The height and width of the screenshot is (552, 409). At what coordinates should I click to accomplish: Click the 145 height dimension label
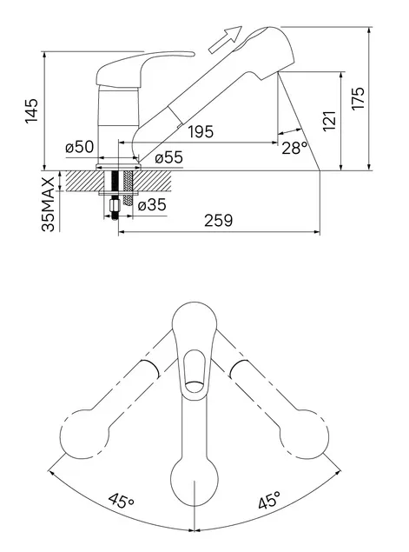click(31, 110)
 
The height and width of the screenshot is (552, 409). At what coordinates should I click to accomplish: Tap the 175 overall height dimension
click(359, 98)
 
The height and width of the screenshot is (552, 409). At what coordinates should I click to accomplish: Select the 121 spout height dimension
click(329, 121)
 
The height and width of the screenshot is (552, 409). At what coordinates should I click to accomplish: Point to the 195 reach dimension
click(201, 131)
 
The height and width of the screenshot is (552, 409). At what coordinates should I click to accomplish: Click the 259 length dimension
click(218, 221)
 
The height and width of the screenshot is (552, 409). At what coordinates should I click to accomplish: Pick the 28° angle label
click(294, 148)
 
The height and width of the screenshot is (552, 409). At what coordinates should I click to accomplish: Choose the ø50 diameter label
click(80, 147)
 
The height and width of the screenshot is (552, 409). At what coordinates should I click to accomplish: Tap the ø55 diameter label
click(168, 157)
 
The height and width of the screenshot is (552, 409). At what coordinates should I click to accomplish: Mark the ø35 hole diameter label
click(152, 204)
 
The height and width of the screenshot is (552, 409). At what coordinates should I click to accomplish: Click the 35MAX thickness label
click(48, 204)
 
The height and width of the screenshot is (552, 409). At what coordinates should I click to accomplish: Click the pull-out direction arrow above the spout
click(225, 40)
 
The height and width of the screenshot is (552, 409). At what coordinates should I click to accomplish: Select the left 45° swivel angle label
click(121, 500)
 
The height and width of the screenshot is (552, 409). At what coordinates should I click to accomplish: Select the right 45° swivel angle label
click(270, 500)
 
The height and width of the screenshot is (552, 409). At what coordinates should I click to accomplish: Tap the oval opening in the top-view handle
click(195, 370)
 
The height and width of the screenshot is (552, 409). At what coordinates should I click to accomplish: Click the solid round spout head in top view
click(195, 482)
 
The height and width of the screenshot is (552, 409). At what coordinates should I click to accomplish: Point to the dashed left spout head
click(84, 434)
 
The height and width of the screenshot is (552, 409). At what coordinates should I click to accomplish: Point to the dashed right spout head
click(305, 434)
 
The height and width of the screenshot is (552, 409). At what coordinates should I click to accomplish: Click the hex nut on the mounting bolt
click(115, 205)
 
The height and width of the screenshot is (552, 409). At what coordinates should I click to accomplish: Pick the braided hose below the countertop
click(128, 188)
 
